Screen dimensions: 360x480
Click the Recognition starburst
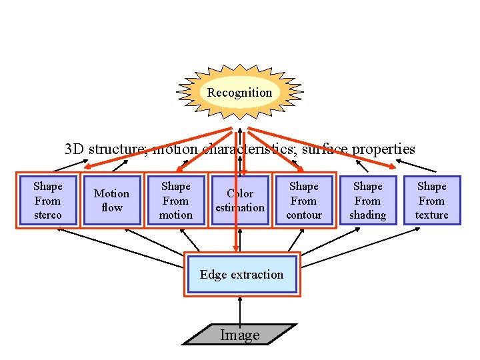[239, 93]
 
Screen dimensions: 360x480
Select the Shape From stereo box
[48, 200]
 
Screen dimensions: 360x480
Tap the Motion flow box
[111, 200]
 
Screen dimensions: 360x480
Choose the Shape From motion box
[175, 200]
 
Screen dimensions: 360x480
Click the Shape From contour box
[303, 200]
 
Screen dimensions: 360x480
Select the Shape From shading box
[367, 200]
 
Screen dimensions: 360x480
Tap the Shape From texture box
[431, 200]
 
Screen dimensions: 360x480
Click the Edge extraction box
[241, 274]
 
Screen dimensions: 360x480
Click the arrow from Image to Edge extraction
[240, 309]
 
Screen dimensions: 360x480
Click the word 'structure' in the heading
[119, 149]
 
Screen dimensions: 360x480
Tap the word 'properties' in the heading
[383, 149]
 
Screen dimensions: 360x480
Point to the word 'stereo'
[48, 215]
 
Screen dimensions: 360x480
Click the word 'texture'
[431, 215]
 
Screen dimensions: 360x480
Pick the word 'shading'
[367, 215]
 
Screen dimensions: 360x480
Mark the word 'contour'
[303, 215]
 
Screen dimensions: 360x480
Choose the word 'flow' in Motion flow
[111, 207]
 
